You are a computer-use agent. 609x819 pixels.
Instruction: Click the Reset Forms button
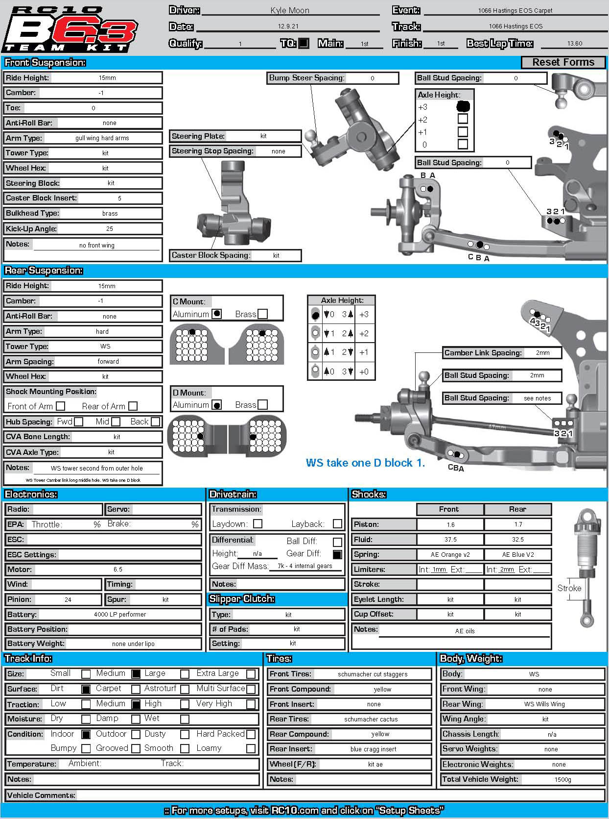coord(563,62)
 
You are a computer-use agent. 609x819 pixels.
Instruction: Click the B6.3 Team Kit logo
coord(70,29)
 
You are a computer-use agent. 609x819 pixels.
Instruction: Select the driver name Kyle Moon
coord(290,10)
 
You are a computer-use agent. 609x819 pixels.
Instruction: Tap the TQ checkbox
coord(304,43)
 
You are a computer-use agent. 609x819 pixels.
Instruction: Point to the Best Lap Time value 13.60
coord(575,44)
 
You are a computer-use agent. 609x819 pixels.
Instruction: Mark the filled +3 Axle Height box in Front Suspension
coord(463,106)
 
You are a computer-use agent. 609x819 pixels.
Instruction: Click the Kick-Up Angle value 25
coord(110,228)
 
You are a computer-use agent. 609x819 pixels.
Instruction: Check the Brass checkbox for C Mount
coord(263,314)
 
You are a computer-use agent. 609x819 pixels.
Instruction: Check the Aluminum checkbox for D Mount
coord(216,405)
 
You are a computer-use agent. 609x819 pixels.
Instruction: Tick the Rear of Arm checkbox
coord(133,406)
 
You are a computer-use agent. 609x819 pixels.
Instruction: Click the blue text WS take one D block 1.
coord(365,463)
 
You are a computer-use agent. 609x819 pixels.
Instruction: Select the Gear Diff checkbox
coord(337,554)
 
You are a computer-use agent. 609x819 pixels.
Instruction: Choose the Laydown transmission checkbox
coord(258,524)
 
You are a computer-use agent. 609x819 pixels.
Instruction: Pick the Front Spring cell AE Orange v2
coord(450,554)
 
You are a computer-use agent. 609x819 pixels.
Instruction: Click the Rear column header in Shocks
coord(517,509)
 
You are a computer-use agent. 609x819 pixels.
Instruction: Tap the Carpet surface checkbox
coord(136,689)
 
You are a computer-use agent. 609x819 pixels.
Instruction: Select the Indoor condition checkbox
coord(86,734)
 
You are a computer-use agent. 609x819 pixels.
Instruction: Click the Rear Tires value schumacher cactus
coord(371,719)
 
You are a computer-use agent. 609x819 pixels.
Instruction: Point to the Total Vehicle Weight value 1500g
coord(562,779)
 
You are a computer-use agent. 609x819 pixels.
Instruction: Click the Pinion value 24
coord(68,599)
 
